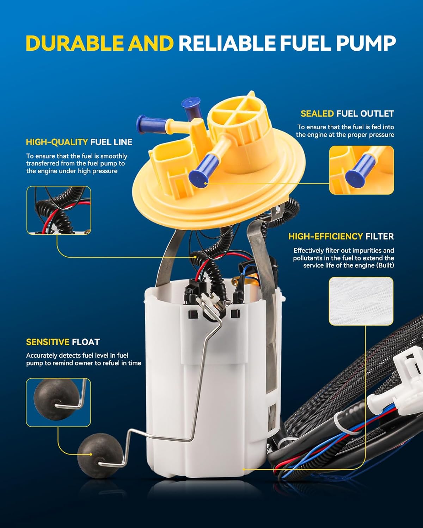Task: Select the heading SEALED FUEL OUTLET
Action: (347, 114)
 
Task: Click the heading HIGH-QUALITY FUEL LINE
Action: (79, 142)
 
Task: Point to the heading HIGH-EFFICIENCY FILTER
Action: (341, 237)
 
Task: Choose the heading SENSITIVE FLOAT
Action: (63, 342)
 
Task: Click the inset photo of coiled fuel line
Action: (59, 210)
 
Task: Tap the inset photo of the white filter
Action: (361, 301)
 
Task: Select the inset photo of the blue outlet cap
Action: (361, 170)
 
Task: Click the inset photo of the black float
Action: (58, 402)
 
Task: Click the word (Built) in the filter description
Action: (385, 265)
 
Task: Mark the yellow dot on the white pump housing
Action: (244, 469)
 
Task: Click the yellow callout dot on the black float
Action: (91, 454)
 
